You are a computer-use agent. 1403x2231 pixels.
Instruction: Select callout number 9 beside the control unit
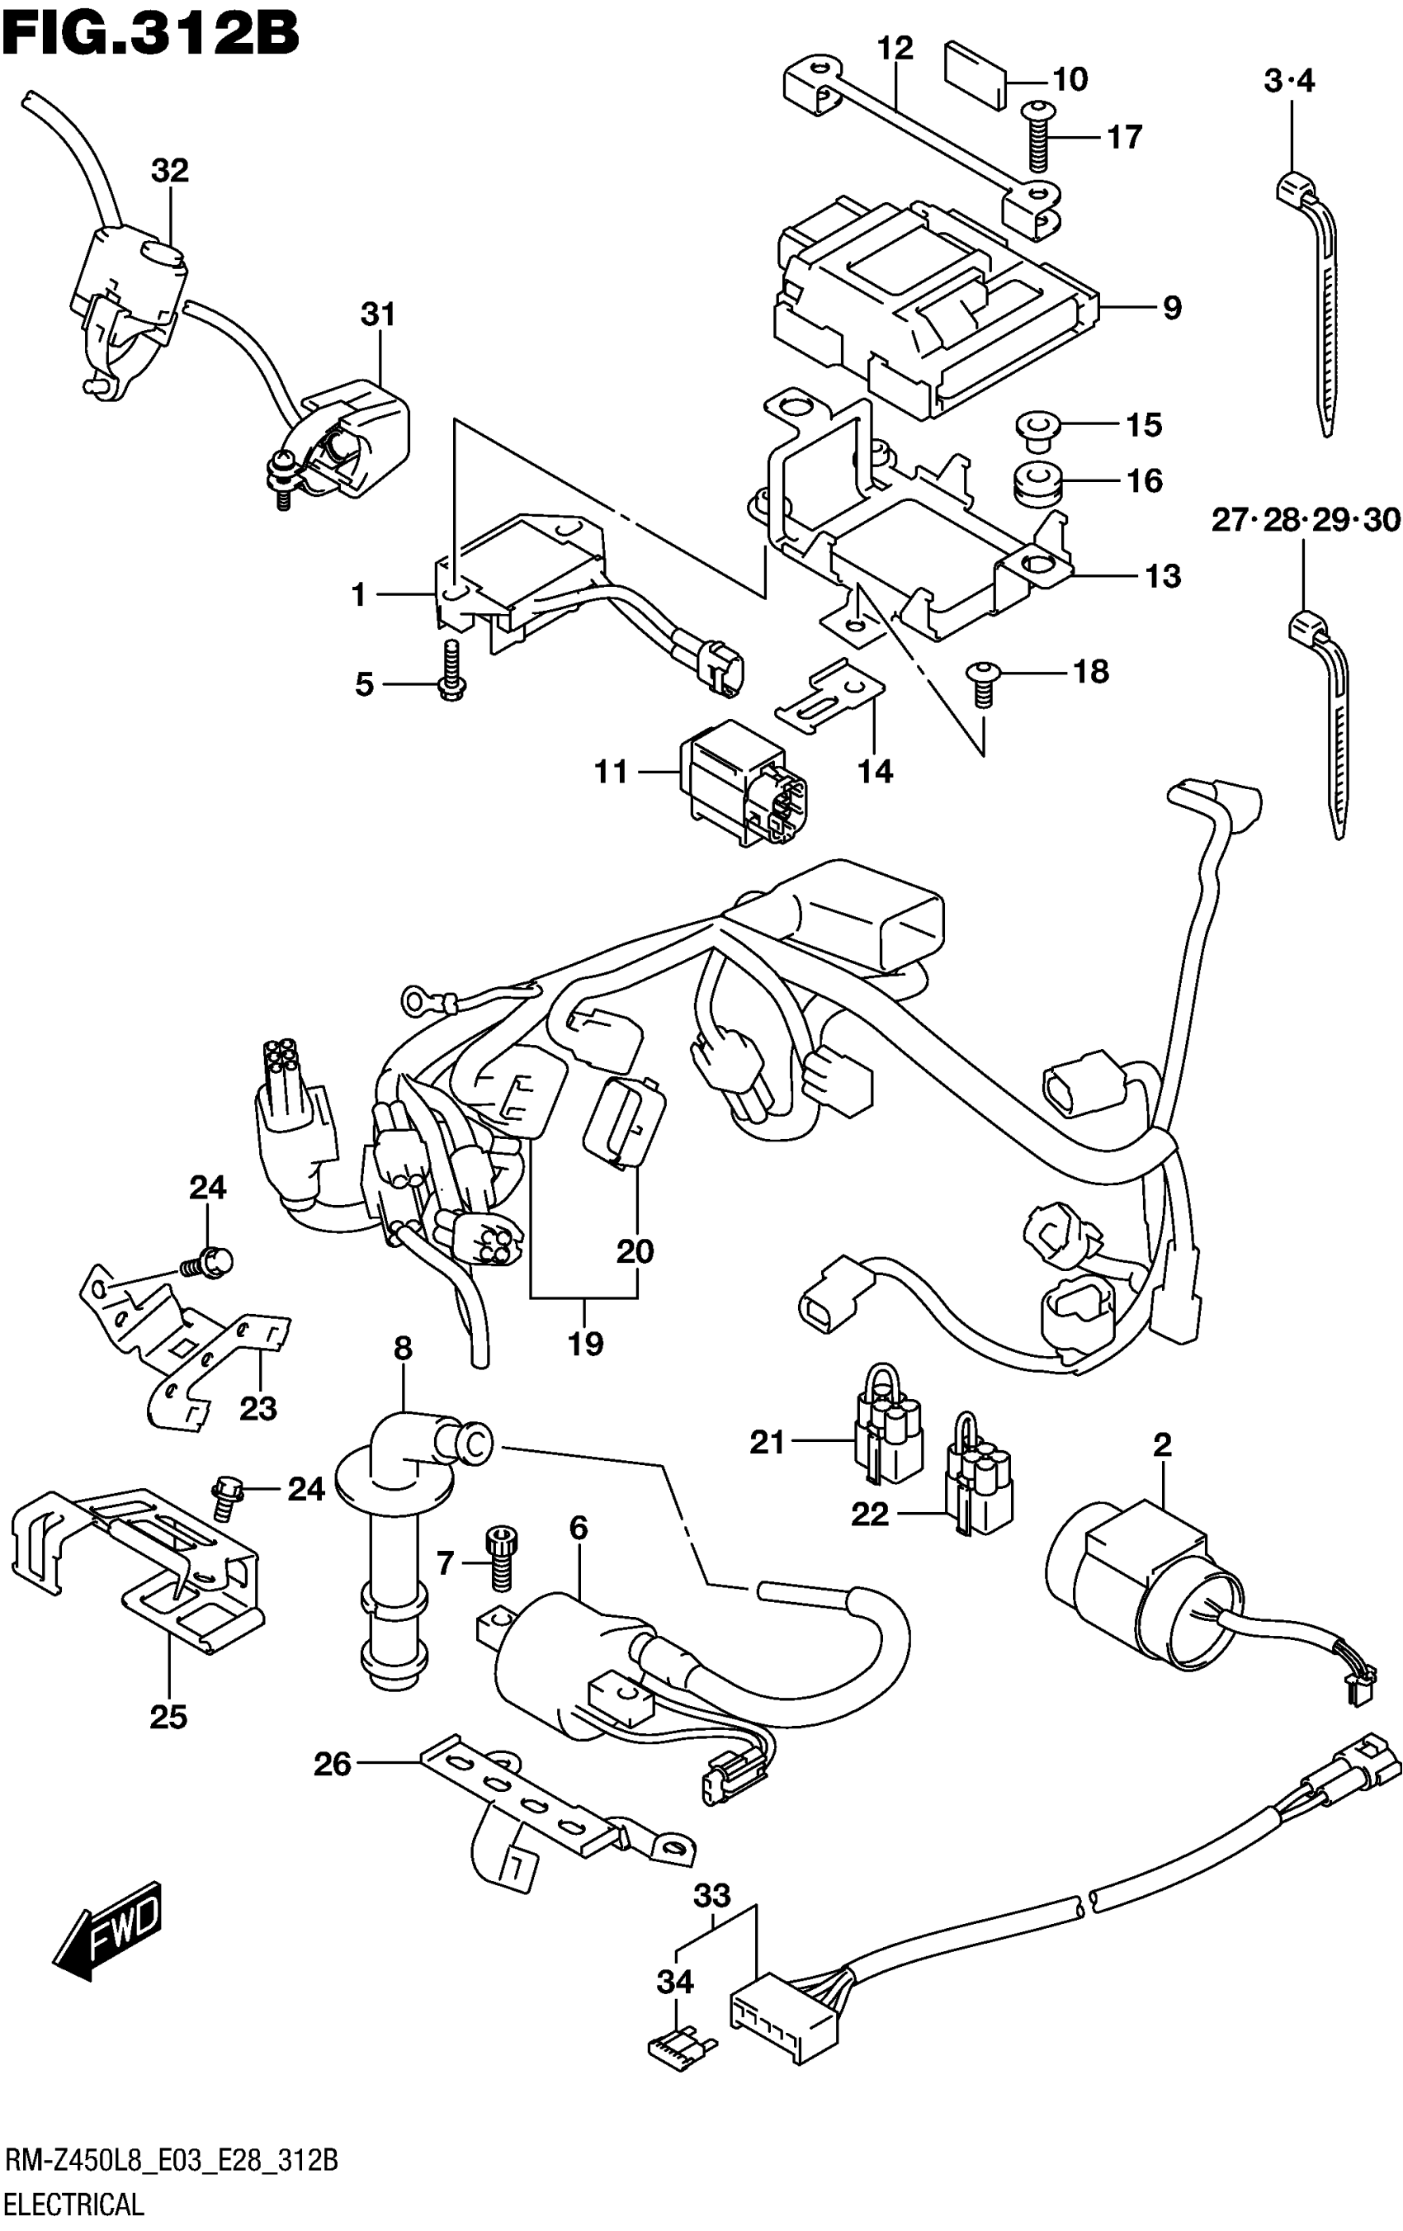tap(1171, 307)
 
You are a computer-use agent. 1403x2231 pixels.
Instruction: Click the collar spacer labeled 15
tap(1032, 428)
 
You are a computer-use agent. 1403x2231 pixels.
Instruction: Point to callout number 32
tap(171, 171)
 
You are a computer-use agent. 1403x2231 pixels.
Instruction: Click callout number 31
tap(378, 315)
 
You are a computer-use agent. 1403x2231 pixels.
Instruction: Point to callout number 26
tap(333, 1763)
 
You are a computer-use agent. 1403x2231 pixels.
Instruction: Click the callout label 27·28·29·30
tap(1305, 521)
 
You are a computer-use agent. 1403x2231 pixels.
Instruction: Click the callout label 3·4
tap(1289, 82)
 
